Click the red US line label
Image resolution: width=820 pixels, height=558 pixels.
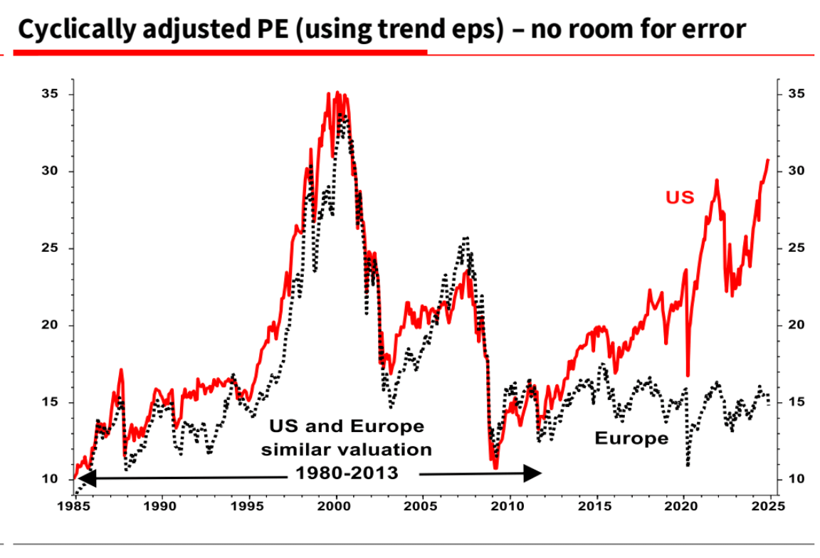pyautogui.click(x=680, y=197)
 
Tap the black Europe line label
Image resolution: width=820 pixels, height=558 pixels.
pyautogui.click(x=631, y=438)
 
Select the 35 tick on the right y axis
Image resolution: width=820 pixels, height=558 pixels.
pyautogui.click(x=795, y=95)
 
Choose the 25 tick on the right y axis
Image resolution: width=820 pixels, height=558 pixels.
pyautogui.click(x=795, y=248)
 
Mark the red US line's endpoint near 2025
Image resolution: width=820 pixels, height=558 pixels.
pyautogui.click(x=769, y=159)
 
